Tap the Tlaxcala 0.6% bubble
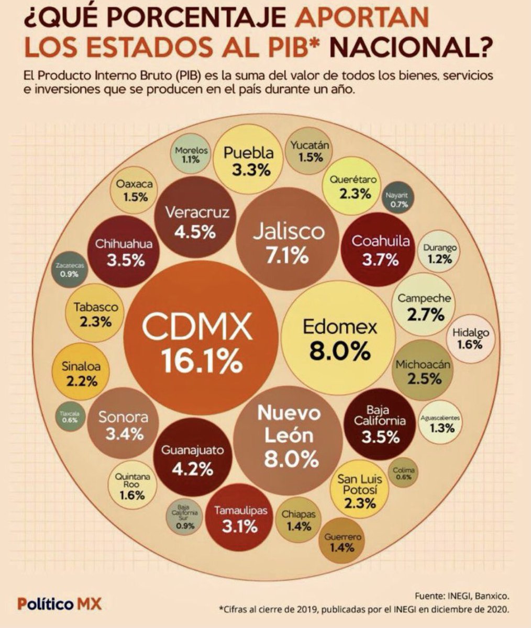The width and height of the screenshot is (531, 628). click(x=69, y=416)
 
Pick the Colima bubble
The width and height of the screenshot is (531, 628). click(x=403, y=473)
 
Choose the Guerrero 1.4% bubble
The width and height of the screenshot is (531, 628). click(x=342, y=542)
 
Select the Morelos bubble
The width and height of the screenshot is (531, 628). click(x=191, y=154)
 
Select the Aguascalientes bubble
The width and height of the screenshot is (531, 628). click(x=440, y=423)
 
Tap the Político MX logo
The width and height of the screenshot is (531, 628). click(x=60, y=603)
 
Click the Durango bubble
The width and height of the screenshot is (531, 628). click(x=440, y=252)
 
